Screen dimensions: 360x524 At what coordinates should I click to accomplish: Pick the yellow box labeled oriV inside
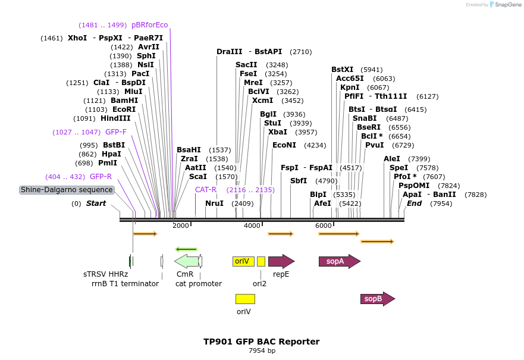click(x=243, y=261)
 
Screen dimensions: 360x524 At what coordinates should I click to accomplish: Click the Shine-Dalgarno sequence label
click(x=67, y=190)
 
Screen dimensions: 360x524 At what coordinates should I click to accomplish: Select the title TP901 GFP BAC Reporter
click(x=262, y=342)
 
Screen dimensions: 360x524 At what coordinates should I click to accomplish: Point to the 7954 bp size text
click(x=262, y=350)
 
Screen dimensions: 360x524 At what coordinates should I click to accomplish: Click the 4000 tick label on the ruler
click(x=252, y=226)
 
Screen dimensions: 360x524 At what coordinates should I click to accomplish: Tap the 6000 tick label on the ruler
click(x=323, y=226)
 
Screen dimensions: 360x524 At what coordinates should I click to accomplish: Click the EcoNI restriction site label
click(x=284, y=145)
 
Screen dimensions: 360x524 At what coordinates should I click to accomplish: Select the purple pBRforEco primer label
click(x=150, y=25)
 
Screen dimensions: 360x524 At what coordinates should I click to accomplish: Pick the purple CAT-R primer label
click(x=206, y=190)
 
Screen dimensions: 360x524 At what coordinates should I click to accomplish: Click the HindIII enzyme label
click(x=115, y=118)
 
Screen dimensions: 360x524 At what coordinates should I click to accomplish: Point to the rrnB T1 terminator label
click(x=125, y=284)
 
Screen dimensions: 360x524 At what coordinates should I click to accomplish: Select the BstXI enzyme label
click(x=342, y=70)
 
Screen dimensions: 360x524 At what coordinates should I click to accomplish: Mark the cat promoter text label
click(x=199, y=284)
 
